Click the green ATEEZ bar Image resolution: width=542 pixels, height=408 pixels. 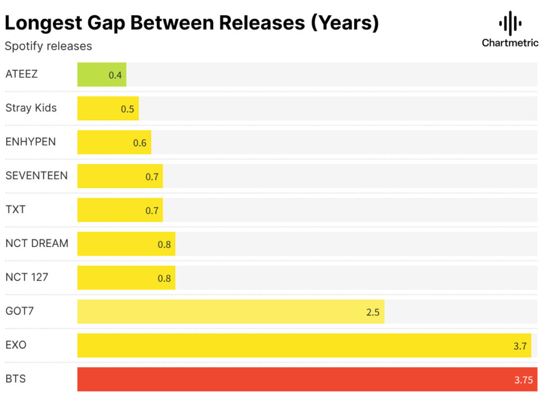coord(102,75)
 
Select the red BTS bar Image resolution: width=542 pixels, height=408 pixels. coord(307,379)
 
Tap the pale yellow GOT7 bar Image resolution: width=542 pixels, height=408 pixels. coord(230,312)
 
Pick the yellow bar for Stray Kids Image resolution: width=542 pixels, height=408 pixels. coord(108,109)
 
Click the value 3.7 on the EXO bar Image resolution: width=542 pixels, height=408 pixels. coord(520,346)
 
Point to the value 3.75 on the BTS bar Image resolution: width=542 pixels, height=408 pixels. coord(523,380)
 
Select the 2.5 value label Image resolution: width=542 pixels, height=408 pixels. coord(373,312)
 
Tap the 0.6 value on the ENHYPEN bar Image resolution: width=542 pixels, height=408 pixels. coord(140,143)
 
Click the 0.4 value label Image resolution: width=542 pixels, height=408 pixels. coord(115,75)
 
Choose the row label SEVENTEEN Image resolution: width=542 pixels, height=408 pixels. coord(37,175)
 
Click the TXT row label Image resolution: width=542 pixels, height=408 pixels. coord(15,209)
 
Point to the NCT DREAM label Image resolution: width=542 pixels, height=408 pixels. coord(37,243)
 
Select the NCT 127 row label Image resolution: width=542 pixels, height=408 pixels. coord(26,277)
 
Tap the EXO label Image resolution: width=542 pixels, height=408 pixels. coord(16,345)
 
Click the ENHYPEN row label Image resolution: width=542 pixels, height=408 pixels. coord(30,141)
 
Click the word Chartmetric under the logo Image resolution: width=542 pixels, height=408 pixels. coord(510,43)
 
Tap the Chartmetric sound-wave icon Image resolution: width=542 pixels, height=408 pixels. coord(510,23)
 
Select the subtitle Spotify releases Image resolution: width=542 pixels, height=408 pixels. coord(48,46)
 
